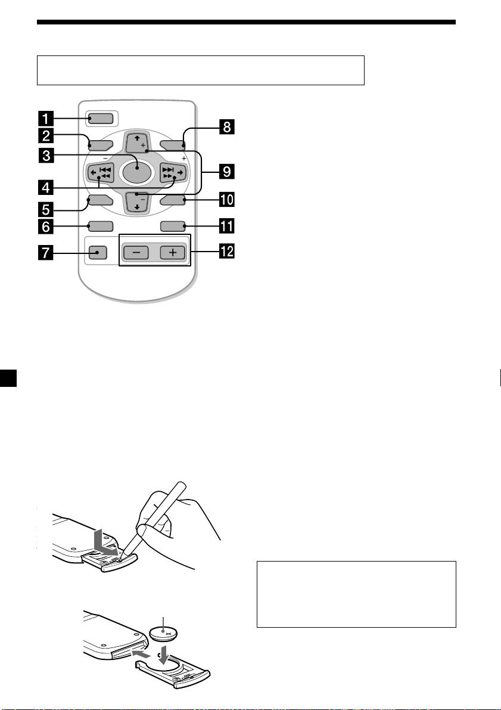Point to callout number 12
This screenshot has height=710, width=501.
(x=226, y=254)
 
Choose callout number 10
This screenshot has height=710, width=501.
(x=226, y=197)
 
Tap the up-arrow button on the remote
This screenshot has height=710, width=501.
(x=136, y=143)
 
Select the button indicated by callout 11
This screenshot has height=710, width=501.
(x=173, y=226)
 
